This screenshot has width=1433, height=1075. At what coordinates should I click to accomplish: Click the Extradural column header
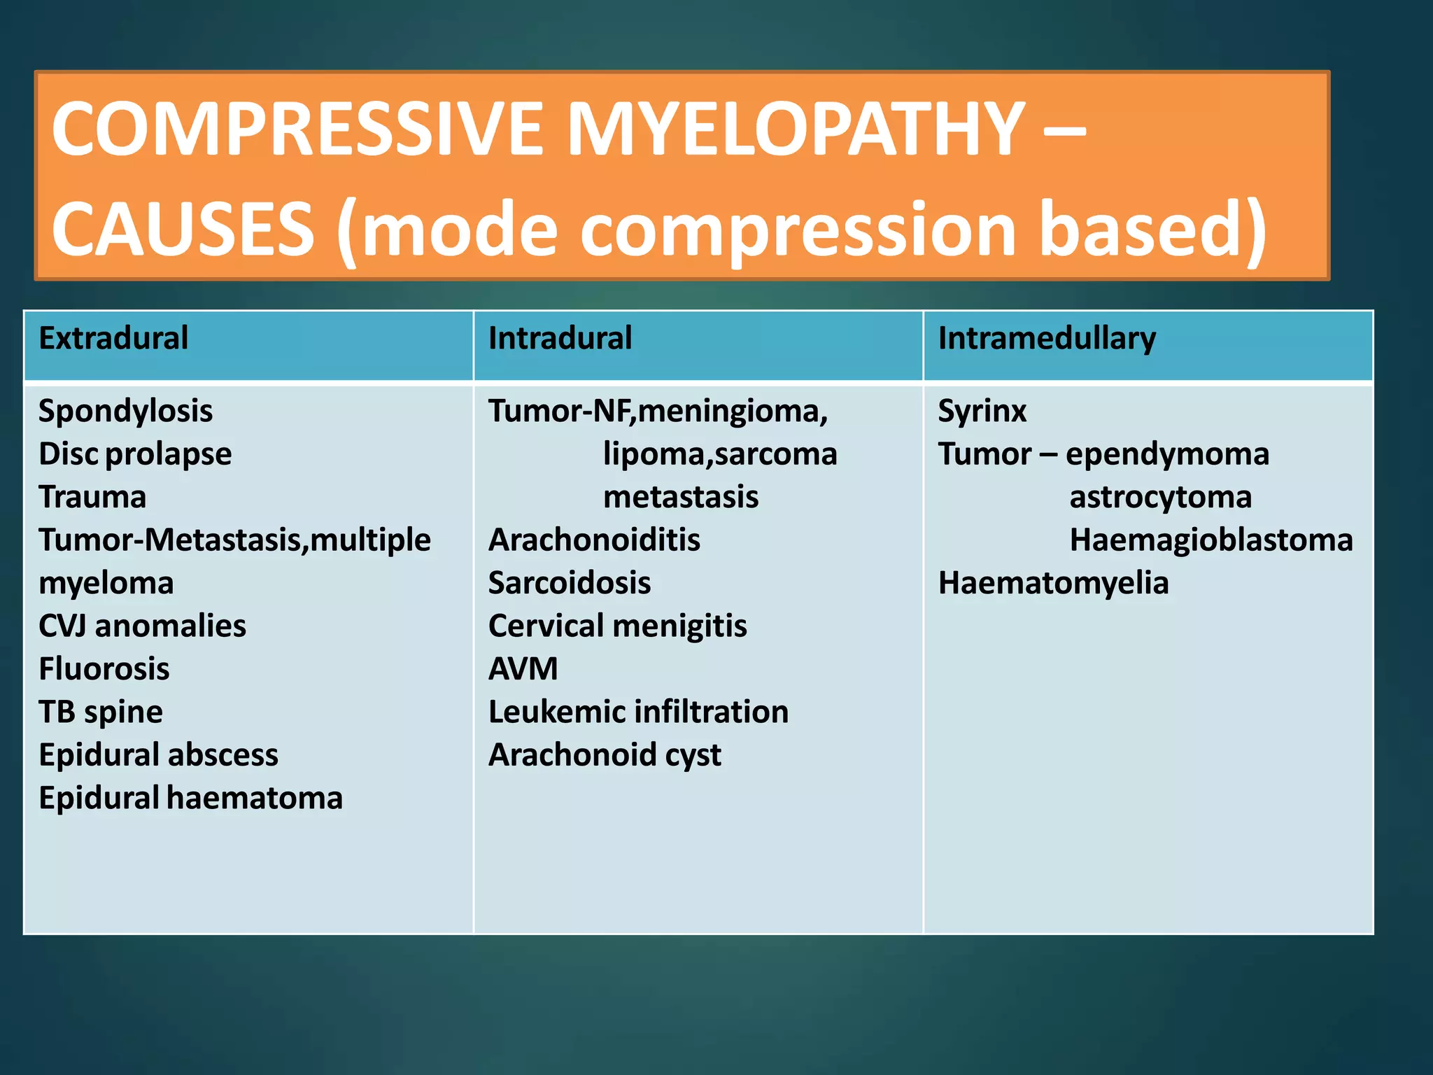pos(113,339)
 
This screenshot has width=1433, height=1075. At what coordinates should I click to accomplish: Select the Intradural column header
pos(560,339)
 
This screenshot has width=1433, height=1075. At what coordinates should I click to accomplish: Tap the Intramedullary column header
pos(1047,339)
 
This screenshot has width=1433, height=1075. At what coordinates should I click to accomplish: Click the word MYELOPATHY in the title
pos(796,129)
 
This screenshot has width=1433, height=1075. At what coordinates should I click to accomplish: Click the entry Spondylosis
pos(126,411)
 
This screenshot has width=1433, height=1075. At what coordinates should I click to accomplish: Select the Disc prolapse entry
pos(135,454)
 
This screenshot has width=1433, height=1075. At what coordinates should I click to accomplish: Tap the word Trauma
pos(92,497)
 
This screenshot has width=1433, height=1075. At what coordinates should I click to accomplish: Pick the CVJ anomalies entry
pos(142,626)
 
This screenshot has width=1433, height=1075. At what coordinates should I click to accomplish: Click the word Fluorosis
pos(104,669)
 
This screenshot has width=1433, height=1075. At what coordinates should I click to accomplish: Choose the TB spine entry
pos(101,712)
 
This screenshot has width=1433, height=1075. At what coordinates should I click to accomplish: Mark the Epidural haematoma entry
pos(190,798)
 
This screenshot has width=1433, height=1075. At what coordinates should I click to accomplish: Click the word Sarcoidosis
pos(570,583)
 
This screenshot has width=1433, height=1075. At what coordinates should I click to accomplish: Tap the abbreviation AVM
pos(523,669)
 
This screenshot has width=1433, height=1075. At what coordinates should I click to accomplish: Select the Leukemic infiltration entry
pos(638,712)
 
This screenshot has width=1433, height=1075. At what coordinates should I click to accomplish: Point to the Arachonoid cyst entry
pos(605,755)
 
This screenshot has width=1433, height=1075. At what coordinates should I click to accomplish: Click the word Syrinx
pos(982,411)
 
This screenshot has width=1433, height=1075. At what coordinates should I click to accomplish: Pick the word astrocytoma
pos(1160,497)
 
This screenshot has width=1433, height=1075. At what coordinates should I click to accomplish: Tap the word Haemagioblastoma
pos(1211,540)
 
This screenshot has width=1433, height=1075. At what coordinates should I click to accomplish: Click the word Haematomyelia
pos(1053,583)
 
